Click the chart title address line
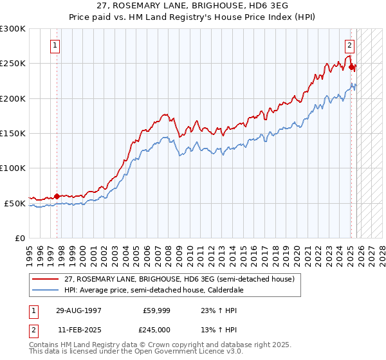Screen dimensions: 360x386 (x=192, y=5)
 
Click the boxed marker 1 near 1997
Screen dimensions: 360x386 (x=55, y=46)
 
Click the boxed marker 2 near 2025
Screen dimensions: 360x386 (x=349, y=46)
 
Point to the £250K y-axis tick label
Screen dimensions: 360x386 (x=13, y=64)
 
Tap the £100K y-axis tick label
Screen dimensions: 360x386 (x=13, y=168)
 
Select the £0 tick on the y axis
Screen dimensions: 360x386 (x=20, y=238)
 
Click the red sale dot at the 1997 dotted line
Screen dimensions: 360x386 (x=57, y=196)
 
